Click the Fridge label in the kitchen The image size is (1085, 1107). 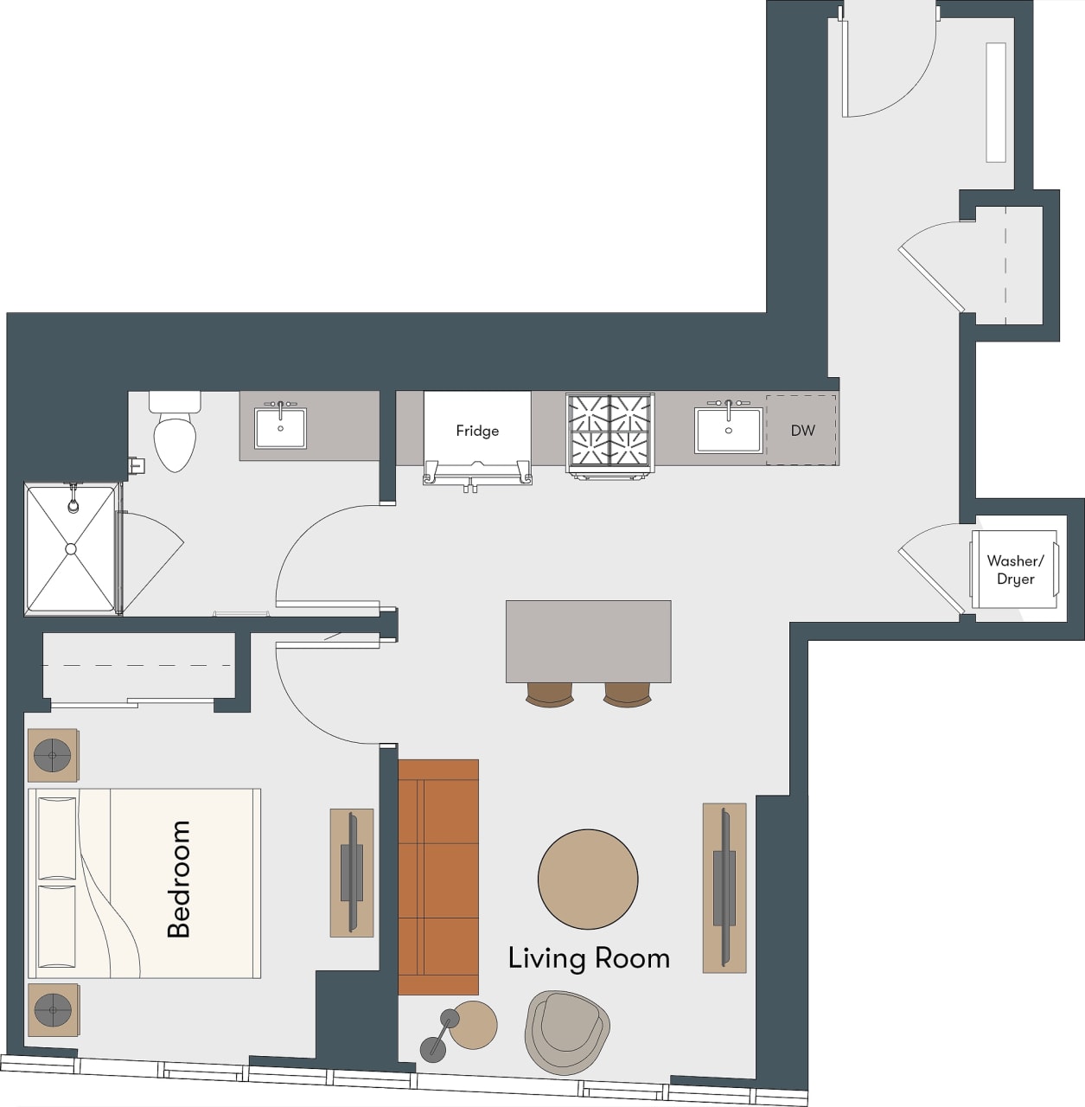477,431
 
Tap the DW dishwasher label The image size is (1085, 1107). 802,430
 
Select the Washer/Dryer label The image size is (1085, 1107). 1015,571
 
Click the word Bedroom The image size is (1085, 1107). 179,879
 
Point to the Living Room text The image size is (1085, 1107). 589,958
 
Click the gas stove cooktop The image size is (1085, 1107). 610,432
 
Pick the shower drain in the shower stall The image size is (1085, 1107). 71,549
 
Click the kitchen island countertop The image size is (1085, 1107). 588,641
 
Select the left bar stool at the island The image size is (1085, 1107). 549,694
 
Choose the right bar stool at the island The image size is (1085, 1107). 628,694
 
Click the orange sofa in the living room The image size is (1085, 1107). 438,877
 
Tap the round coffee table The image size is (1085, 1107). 588,879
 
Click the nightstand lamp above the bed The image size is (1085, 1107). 53,756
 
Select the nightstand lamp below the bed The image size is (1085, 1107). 53,1009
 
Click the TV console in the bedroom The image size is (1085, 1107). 352,873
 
